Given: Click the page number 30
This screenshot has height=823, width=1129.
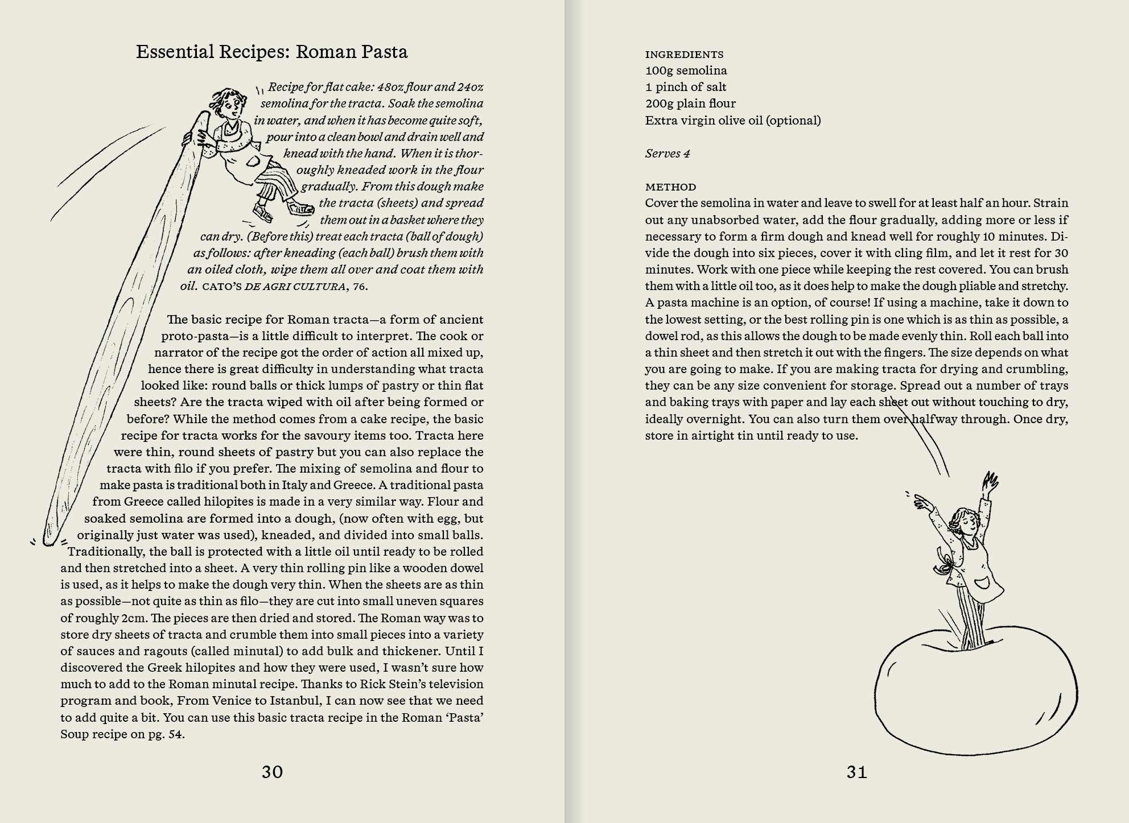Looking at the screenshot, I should (272, 772).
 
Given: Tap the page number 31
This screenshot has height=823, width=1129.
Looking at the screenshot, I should (856, 772).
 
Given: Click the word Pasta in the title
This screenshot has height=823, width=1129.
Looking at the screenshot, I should (381, 52).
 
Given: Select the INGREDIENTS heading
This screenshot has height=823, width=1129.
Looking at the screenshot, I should (684, 55).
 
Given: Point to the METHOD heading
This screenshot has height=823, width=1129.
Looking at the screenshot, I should (670, 187).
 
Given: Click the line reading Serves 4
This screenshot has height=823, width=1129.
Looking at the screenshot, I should (667, 154).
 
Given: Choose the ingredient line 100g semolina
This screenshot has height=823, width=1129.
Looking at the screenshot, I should (686, 71).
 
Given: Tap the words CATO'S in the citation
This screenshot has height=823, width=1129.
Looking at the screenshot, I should (221, 286).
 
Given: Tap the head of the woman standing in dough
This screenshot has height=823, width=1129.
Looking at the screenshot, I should (964, 522).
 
